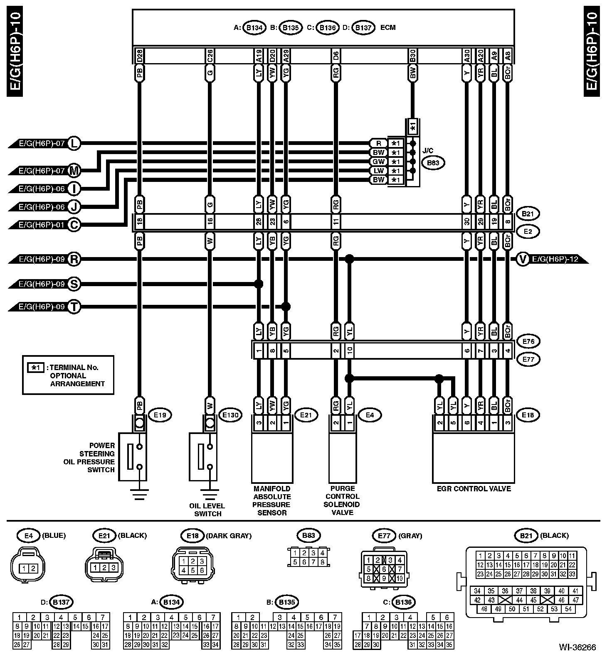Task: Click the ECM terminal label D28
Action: [x=140, y=56]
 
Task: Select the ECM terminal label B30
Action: [x=412, y=56]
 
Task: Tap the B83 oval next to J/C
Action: [x=433, y=163]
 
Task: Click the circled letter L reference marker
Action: [x=74, y=143]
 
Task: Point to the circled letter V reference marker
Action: [x=523, y=260]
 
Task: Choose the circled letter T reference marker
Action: [x=74, y=307]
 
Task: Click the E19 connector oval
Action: [x=160, y=414]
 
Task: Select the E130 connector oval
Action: [x=230, y=414]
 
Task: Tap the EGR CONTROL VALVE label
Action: [x=474, y=489]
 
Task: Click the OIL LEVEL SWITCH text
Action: [x=207, y=510]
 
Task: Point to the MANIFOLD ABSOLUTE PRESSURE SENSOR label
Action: [x=272, y=500]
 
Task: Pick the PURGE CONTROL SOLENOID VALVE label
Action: [x=343, y=500]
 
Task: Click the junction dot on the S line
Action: [x=259, y=284]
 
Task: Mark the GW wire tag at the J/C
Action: [x=378, y=162]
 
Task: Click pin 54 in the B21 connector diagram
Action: [x=568, y=609]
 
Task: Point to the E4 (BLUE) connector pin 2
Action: [x=33, y=569]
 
